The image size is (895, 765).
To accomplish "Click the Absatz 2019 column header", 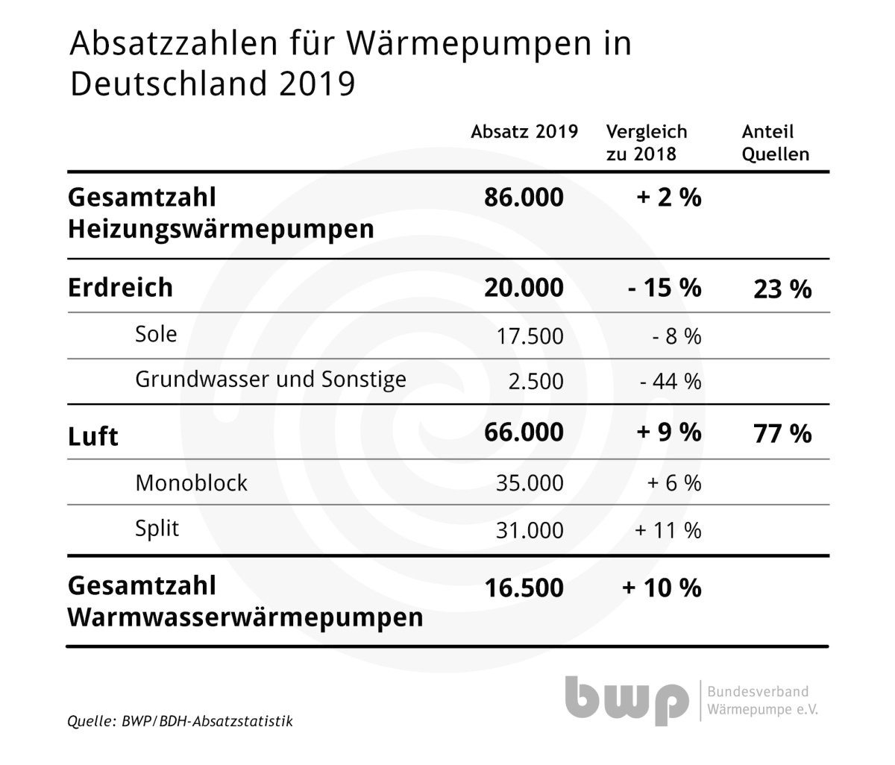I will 524,132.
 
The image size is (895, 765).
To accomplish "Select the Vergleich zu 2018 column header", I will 646,142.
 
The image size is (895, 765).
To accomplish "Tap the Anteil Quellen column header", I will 775,142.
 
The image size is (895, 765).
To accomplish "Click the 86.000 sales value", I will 524,198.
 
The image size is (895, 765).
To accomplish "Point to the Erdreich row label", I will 120,287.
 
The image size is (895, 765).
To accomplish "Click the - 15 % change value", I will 665,287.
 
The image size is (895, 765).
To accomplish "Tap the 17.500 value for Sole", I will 530,336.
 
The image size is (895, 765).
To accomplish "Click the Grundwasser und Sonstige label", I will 270,380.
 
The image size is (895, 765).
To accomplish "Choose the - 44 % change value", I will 671,382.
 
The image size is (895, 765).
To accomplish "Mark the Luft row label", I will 92,435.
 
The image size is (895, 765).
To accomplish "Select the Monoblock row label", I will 191,483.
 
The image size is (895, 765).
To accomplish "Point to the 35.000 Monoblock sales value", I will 530,483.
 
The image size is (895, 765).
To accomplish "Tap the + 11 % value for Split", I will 668,530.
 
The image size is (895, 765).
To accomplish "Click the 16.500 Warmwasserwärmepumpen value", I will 524,588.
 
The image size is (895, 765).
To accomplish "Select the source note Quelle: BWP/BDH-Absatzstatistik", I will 180,721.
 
